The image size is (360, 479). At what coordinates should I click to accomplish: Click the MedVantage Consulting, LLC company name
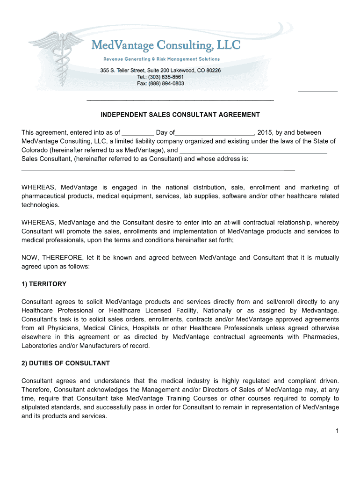click(166, 45)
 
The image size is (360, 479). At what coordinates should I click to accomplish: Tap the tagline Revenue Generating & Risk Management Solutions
click(161, 59)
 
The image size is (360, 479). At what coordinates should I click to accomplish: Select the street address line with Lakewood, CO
click(160, 70)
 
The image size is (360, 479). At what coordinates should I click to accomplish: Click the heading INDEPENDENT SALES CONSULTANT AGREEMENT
click(180, 115)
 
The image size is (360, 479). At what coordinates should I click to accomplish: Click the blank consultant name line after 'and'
click(253, 151)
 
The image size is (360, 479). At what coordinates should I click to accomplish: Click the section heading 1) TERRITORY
click(44, 284)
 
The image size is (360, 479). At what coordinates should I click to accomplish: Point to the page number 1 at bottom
click(337, 431)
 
